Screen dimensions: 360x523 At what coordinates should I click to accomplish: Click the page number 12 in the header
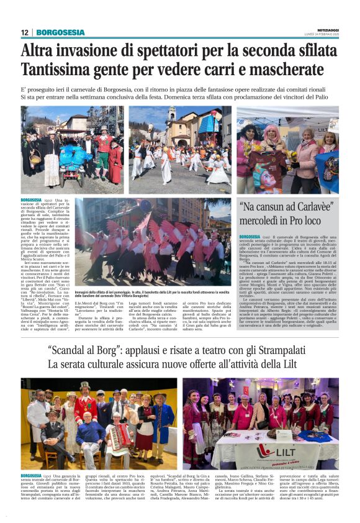[24, 32]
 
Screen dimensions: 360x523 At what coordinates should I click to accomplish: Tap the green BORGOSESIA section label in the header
[60, 32]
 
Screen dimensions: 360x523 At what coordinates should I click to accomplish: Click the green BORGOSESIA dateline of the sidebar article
[251, 237]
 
